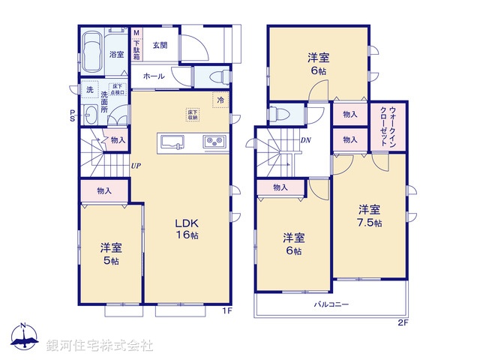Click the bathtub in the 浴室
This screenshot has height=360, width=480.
[93, 52]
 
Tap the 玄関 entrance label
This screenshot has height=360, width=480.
[160, 45]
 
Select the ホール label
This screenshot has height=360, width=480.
[154, 76]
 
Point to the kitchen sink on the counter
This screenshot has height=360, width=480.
[170, 141]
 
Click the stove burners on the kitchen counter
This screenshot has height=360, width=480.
[213, 142]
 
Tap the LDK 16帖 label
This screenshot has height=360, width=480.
[187, 229]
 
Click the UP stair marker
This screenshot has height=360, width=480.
[135, 166]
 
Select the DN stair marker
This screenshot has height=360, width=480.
[306, 140]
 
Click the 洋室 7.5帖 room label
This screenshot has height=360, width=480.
[368, 216]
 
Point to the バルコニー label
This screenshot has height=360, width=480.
[330, 304]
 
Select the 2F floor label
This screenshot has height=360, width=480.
[403, 324]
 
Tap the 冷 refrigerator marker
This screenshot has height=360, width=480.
[220, 100]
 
